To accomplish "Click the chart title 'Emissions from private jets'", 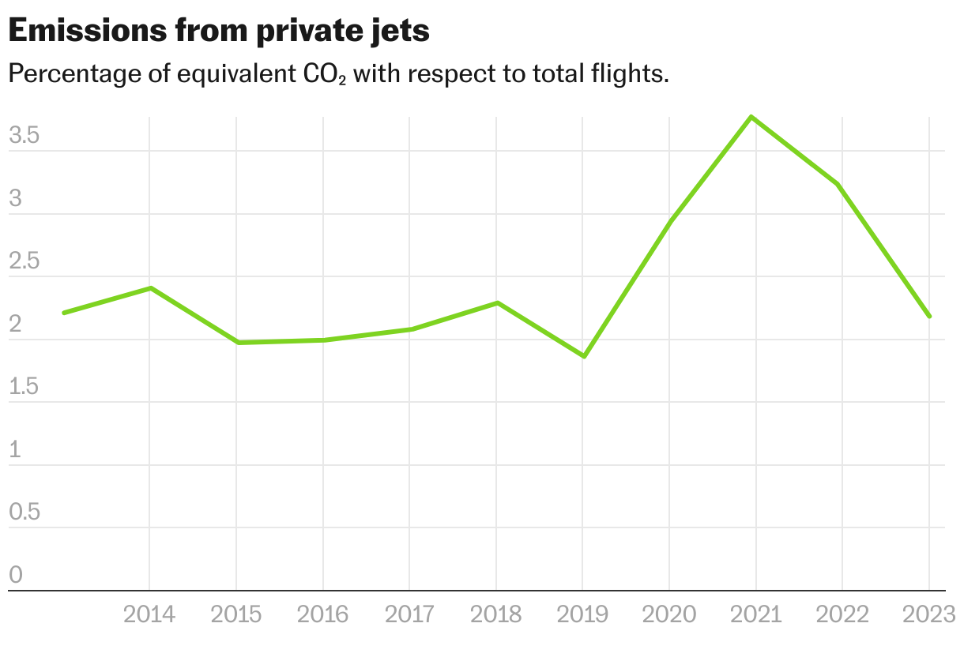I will tap(219, 31).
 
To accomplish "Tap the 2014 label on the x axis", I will tap(149, 614).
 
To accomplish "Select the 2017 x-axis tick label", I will tap(409, 614).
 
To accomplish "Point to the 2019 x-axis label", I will tap(582, 614).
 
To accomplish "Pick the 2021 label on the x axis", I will tap(755, 614).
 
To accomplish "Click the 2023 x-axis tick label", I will tap(928, 614).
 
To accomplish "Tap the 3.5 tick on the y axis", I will tap(24, 136).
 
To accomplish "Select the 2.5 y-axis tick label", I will tap(24, 261).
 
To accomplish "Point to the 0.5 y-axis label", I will tap(24, 512).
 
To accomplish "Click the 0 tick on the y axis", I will tap(16, 576).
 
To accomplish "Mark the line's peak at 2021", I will tap(752, 118).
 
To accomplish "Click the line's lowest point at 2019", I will tap(583, 356).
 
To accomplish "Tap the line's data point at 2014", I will tap(150, 288).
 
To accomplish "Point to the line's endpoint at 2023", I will tap(928, 316).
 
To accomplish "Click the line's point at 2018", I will tap(496, 302).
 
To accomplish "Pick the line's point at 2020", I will tap(669, 222).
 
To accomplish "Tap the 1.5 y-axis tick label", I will tap(24, 387).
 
